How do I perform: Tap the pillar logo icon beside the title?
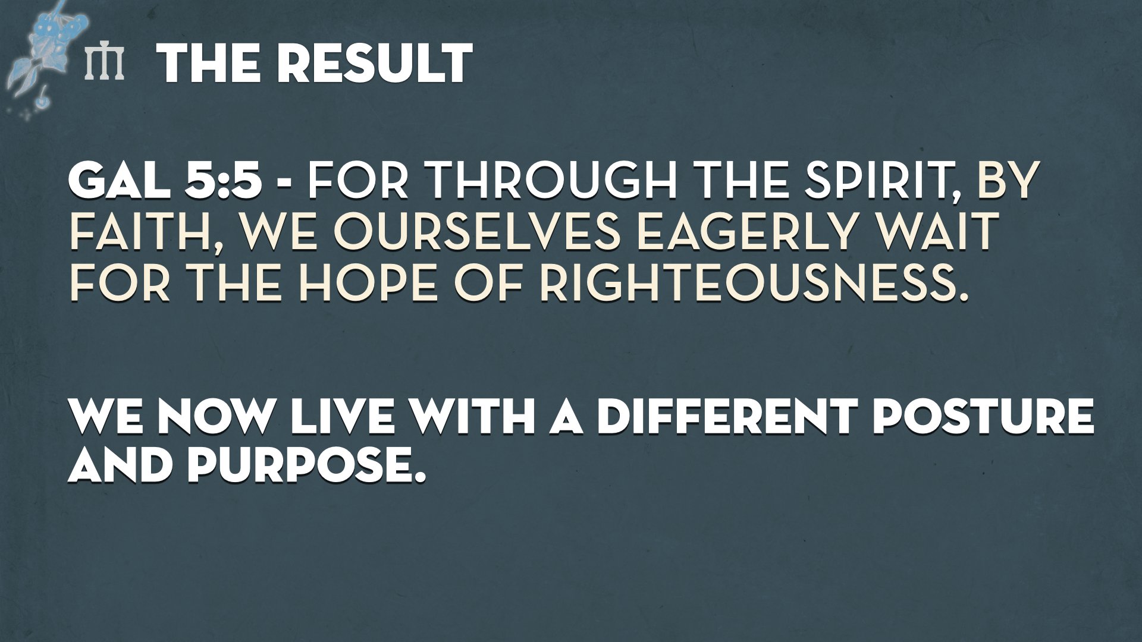tap(105, 62)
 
